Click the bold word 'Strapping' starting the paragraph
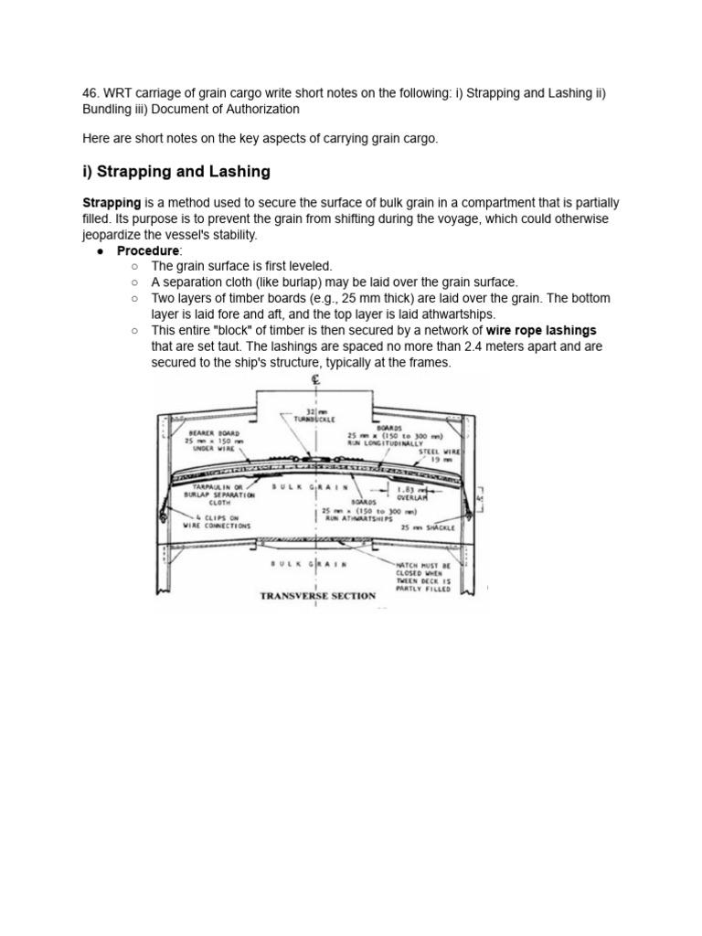(111, 202)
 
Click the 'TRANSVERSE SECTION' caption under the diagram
(317, 596)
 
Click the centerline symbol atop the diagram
(317, 382)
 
